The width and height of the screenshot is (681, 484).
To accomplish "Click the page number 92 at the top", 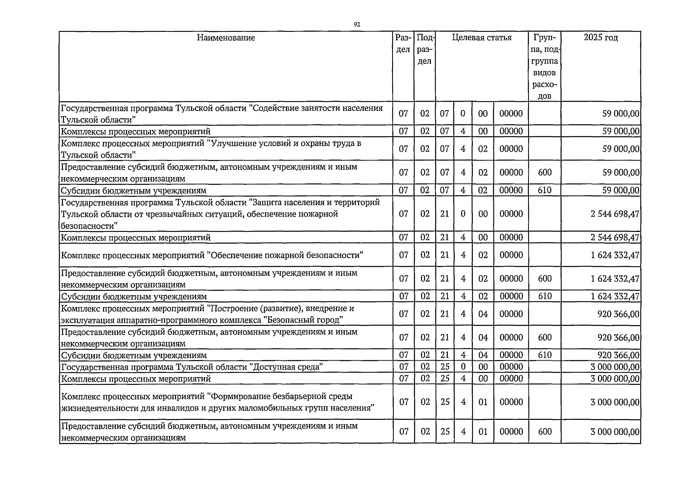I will coord(357,25).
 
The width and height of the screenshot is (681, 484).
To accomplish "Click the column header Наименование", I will coord(226,38).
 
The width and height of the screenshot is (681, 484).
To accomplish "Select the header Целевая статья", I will coord(482,38).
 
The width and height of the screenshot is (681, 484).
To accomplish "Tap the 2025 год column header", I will coord(601,38).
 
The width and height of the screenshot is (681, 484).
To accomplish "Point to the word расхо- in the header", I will coord(545,85).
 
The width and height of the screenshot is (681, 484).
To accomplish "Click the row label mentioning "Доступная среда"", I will coord(192,367).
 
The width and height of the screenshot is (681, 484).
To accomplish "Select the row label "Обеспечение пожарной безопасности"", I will coord(212,255).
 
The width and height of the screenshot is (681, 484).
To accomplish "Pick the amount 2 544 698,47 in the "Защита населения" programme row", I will coord(615,214).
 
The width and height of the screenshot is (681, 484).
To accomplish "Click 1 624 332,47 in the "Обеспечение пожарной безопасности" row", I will coord(615,255).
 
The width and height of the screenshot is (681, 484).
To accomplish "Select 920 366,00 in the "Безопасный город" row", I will coord(618,314).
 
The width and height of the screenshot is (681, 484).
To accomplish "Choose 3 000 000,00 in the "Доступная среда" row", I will coord(615,367).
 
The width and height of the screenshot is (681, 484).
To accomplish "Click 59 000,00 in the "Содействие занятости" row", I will coord(620,114).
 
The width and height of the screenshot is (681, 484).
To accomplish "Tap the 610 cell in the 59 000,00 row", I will coord(545,190).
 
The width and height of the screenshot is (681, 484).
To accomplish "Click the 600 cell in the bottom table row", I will coord(545,432).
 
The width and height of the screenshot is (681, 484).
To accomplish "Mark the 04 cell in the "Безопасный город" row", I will coord(483,314).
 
